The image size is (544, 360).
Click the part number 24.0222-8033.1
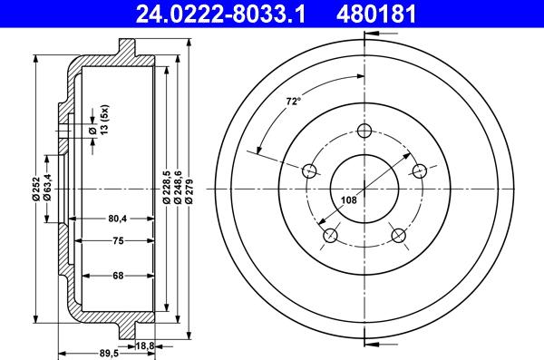coord(220,14)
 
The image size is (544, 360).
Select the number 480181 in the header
coord(376,14)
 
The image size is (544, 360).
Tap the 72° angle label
coord(293,102)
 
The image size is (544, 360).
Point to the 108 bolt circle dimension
coord(349,200)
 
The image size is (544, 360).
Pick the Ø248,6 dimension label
coord(178,187)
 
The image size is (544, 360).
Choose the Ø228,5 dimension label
coord(166,187)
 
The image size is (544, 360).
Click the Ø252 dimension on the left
coord(35,189)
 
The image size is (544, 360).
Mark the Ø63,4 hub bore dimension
coord(47,188)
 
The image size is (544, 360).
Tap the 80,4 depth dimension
coord(118,219)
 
